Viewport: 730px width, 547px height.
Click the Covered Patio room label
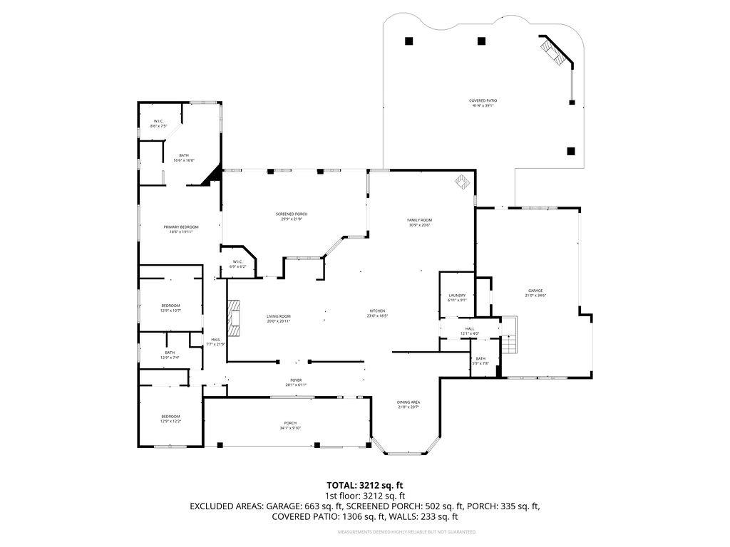point(483,103)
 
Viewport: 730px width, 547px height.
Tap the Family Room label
point(420,222)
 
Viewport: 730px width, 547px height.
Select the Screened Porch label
point(292,217)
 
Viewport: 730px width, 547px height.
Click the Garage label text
point(535,292)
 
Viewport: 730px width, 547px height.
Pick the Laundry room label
point(457,297)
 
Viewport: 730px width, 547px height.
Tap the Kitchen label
point(377,313)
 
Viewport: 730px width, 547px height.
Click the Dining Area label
point(408,405)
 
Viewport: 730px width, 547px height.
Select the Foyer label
point(296,382)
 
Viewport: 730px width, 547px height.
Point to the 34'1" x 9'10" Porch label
point(290,425)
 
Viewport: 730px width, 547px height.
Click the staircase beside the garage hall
point(509,346)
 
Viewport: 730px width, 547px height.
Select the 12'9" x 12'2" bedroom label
point(170,419)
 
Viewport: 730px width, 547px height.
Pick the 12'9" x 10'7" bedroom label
point(170,308)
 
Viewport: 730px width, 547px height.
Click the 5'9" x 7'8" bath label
point(480,360)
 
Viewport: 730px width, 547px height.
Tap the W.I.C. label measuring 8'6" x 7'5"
point(159,123)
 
